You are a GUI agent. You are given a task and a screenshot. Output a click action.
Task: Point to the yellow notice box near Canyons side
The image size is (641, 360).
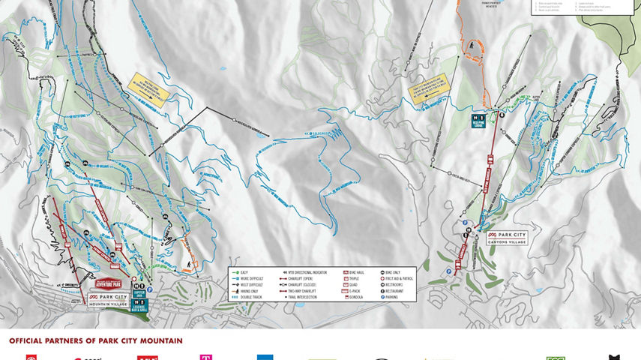point(425,92)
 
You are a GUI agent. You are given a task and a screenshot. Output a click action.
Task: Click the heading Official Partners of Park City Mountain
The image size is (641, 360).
point(95,340)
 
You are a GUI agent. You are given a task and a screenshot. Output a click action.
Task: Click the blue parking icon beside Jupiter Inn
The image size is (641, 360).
point(150,289)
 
